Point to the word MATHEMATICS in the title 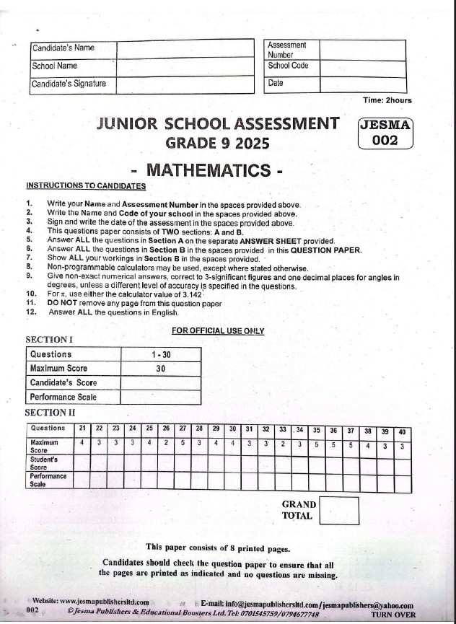coord(213,171)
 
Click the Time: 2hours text coord(388,100)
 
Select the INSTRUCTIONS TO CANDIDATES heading coord(86,186)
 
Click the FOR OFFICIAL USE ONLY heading coord(218,331)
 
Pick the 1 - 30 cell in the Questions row coord(160,354)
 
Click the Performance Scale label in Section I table coord(63,397)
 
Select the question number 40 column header coord(402,431)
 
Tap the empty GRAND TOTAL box coord(338,510)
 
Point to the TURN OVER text coord(393,614)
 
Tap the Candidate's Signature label coord(69,84)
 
